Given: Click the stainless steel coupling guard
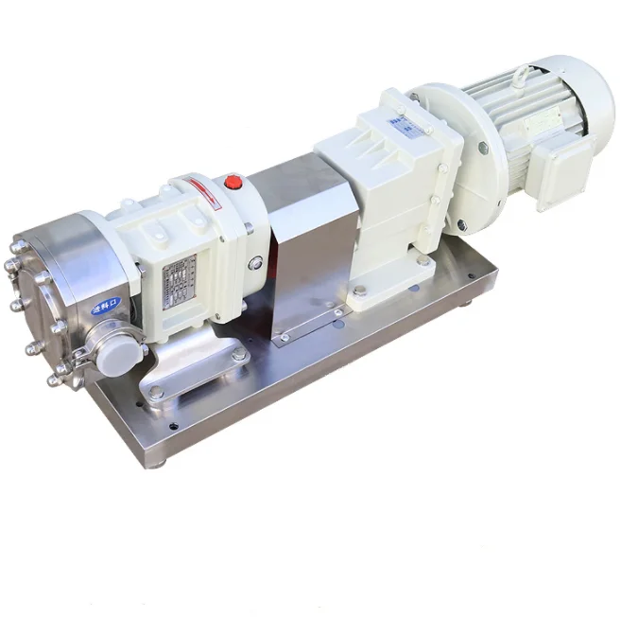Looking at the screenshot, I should [x=307, y=251].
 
